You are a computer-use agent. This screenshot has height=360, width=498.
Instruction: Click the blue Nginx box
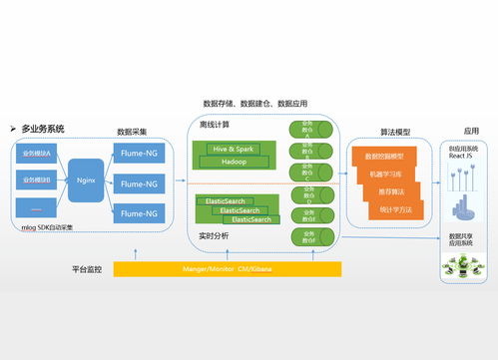[85, 180]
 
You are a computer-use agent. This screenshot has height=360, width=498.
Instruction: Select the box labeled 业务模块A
[37, 154]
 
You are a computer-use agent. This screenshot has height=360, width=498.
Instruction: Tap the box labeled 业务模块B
[37, 180]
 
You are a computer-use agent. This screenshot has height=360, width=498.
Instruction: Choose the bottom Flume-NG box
[139, 212]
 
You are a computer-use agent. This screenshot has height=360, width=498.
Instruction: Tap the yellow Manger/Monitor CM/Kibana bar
[228, 269]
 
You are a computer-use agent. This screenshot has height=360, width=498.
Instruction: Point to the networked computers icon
[463, 265]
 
